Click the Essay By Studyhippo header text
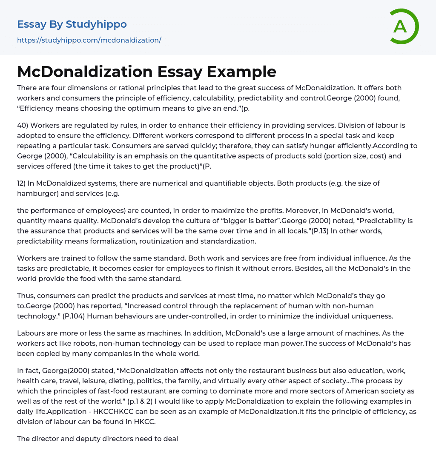click(x=72, y=24)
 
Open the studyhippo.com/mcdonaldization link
click(x=89, y=40)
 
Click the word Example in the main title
click(x=241, y=72)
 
